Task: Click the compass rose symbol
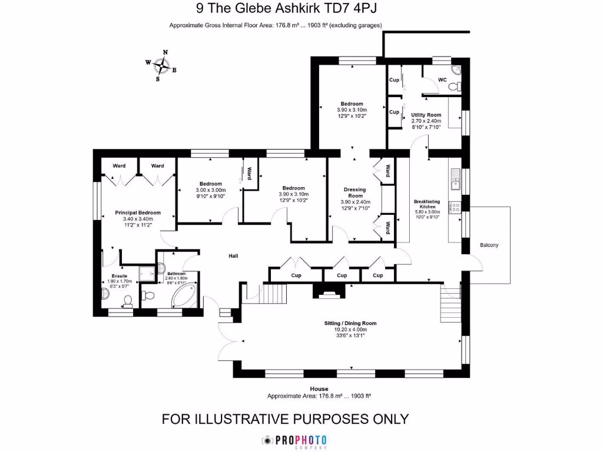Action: pos(161,65)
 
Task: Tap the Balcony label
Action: pos(489,245)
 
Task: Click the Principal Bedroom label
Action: pos(138,212)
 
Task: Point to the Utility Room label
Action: pos(426,115)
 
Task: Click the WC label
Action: pos(443,79)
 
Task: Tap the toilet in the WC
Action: pos(455,87)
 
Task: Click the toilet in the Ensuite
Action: pos(128,301)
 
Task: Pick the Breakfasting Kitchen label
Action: pos(427,204)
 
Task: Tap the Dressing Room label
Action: pos(355,192)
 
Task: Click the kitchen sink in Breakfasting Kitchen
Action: pos(455,180)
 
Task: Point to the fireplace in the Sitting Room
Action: pos(326,290)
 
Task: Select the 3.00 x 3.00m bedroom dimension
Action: pos(210,190)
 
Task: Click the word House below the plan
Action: pos(319,389)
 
